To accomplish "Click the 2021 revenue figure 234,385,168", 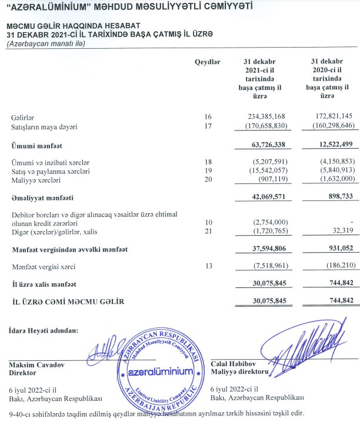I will coord(263,117).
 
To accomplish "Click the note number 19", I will coord(206,171).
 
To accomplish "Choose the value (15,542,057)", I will coord(263,171).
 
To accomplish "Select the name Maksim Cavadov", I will coord(38,364).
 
